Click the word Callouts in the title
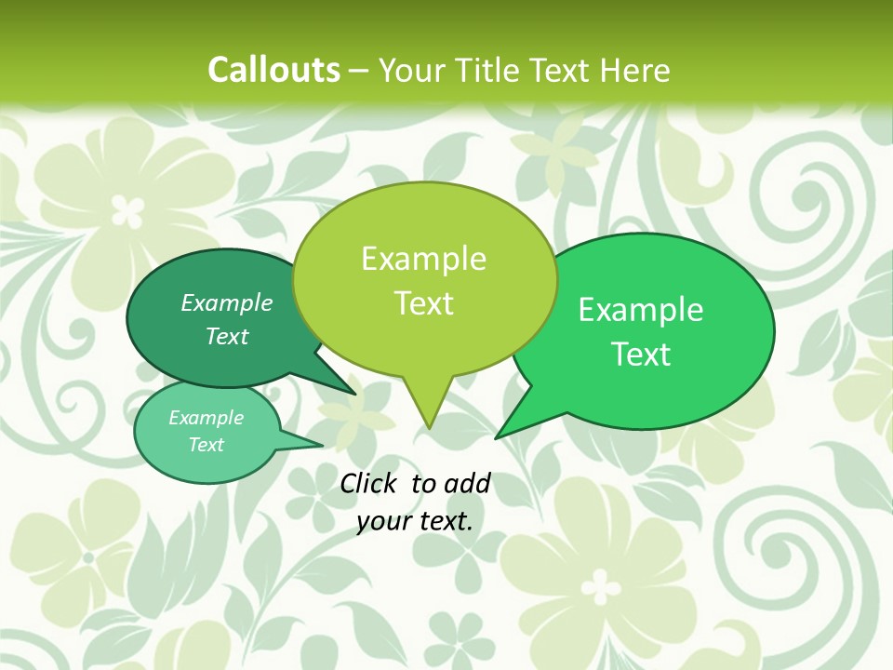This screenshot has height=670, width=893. [273, 70]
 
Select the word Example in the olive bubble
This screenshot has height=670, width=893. [423, 259]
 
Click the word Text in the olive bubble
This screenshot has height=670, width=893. [423, 303]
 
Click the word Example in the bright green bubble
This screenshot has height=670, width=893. [641, 310]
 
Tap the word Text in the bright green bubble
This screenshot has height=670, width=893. [641, 355]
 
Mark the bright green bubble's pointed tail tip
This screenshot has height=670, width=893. [497, 437]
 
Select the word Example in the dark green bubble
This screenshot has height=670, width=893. [227, 302]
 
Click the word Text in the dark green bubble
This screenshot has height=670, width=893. [227, 337]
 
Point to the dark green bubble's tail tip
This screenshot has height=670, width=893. [355, 394]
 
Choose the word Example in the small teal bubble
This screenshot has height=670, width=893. [206, 418]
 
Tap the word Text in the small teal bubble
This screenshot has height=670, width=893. [206, 445]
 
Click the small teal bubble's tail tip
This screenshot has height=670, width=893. [322, 443]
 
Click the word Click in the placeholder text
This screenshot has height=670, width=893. [368, 483]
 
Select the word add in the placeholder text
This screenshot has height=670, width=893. [467, 483]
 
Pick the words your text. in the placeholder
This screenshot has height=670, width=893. [415, 521]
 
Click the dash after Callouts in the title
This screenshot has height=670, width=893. [360, 71]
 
